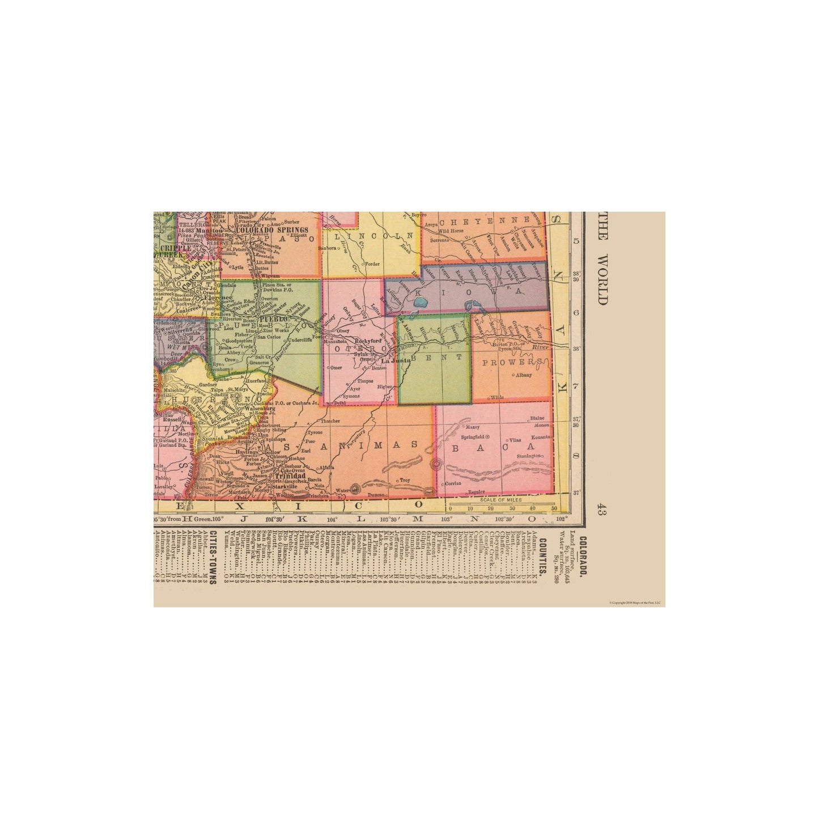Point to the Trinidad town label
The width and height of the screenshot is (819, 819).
(x=284, y=477)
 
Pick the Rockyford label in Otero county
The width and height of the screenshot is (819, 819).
(x=366, y=341)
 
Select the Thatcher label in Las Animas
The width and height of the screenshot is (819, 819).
(x=330, y=421)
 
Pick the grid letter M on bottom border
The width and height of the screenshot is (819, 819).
(x=418, y=519)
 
